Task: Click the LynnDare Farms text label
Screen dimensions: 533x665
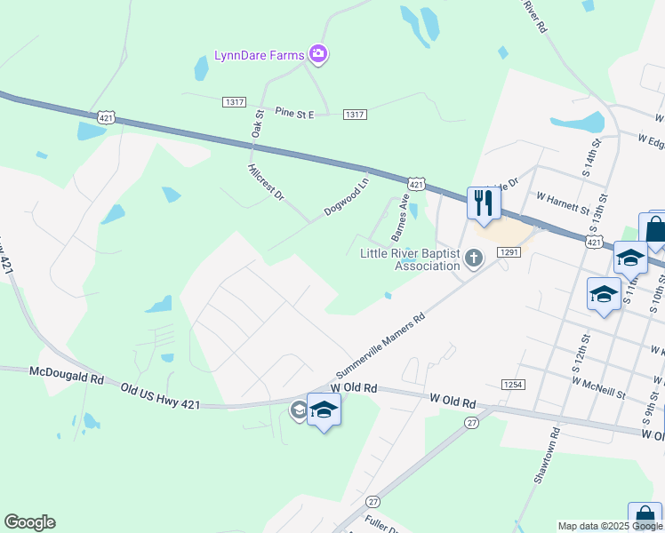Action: click(259, 56)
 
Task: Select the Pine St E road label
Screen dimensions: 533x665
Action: click(295, 113)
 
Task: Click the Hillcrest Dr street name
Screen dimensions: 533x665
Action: click(265, 181)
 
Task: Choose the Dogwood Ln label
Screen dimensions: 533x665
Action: click(346, 197)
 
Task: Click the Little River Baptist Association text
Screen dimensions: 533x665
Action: click(409, 259)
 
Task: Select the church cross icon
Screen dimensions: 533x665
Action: click(474, 259)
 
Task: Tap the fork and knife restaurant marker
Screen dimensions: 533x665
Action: click(484, 203)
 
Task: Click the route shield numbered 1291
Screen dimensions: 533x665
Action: click(509, 253)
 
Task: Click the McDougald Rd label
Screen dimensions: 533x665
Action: click(67, 376)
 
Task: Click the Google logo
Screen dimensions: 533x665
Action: click(29, 522)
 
